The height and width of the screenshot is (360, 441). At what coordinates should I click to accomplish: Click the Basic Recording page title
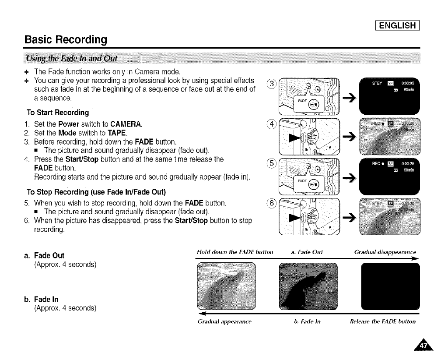click(x=65, y=40)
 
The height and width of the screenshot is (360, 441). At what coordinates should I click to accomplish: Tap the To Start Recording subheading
click(x=58, y=113)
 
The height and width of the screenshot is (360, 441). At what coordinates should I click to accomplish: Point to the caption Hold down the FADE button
click(x=230, y=252)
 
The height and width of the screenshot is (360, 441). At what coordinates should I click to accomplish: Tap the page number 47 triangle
click(x=423, y=346)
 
